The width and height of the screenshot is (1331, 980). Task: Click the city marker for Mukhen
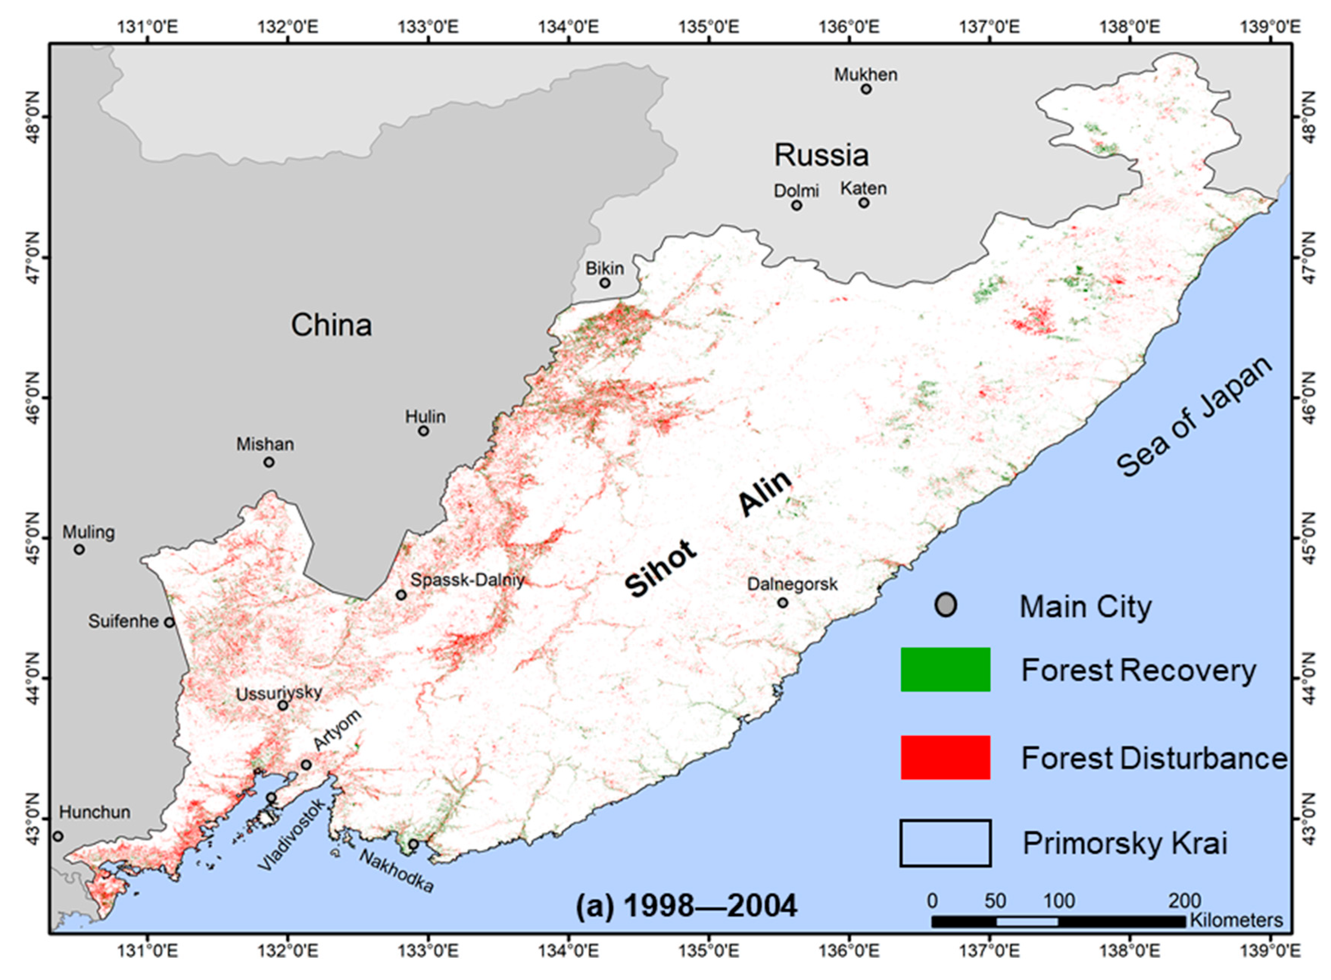point(866,89)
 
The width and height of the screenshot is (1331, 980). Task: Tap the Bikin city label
point(605,268)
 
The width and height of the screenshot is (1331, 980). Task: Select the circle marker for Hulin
point(423,431)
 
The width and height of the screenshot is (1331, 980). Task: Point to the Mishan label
point(265,444)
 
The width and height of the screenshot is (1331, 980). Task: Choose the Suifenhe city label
point(123,622)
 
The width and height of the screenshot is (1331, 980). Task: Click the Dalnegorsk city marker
point(782,603)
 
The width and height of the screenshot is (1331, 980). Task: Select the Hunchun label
point(95,812)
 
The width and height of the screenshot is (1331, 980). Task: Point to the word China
point(331,325)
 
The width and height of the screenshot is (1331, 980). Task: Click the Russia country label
point(821,155)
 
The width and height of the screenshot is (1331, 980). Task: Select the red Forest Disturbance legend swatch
point(945,758)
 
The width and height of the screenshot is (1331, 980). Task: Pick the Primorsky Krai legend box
point(945,843)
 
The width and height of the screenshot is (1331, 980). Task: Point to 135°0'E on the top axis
point(709,27)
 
